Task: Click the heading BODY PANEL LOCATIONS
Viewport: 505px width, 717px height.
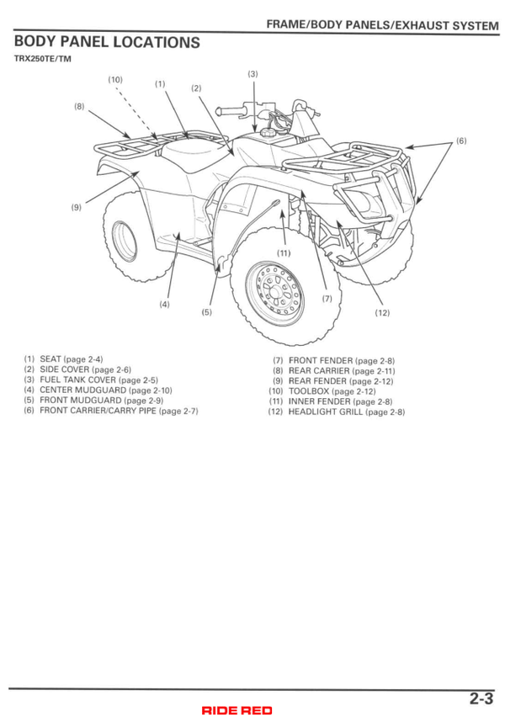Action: click(107, 42)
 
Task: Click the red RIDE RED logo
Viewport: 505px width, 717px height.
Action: click(237, 710)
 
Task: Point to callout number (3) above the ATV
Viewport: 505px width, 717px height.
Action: click(252, 74)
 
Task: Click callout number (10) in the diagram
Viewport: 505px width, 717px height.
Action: click(115, 80)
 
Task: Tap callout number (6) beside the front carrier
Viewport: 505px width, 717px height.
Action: click(460, 141)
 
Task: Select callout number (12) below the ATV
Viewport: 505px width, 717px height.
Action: click(382, 312)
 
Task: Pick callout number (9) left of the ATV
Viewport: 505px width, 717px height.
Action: click(77, 207)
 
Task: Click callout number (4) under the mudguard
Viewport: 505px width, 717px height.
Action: click(164, 304)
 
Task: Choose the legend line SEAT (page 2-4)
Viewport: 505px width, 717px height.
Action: click(72, 359)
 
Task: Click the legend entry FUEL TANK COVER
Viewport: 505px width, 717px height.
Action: click(98, 380)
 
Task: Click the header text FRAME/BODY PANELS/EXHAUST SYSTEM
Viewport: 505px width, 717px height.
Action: click(382, 26)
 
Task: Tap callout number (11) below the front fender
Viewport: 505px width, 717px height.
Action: click(283, 253)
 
